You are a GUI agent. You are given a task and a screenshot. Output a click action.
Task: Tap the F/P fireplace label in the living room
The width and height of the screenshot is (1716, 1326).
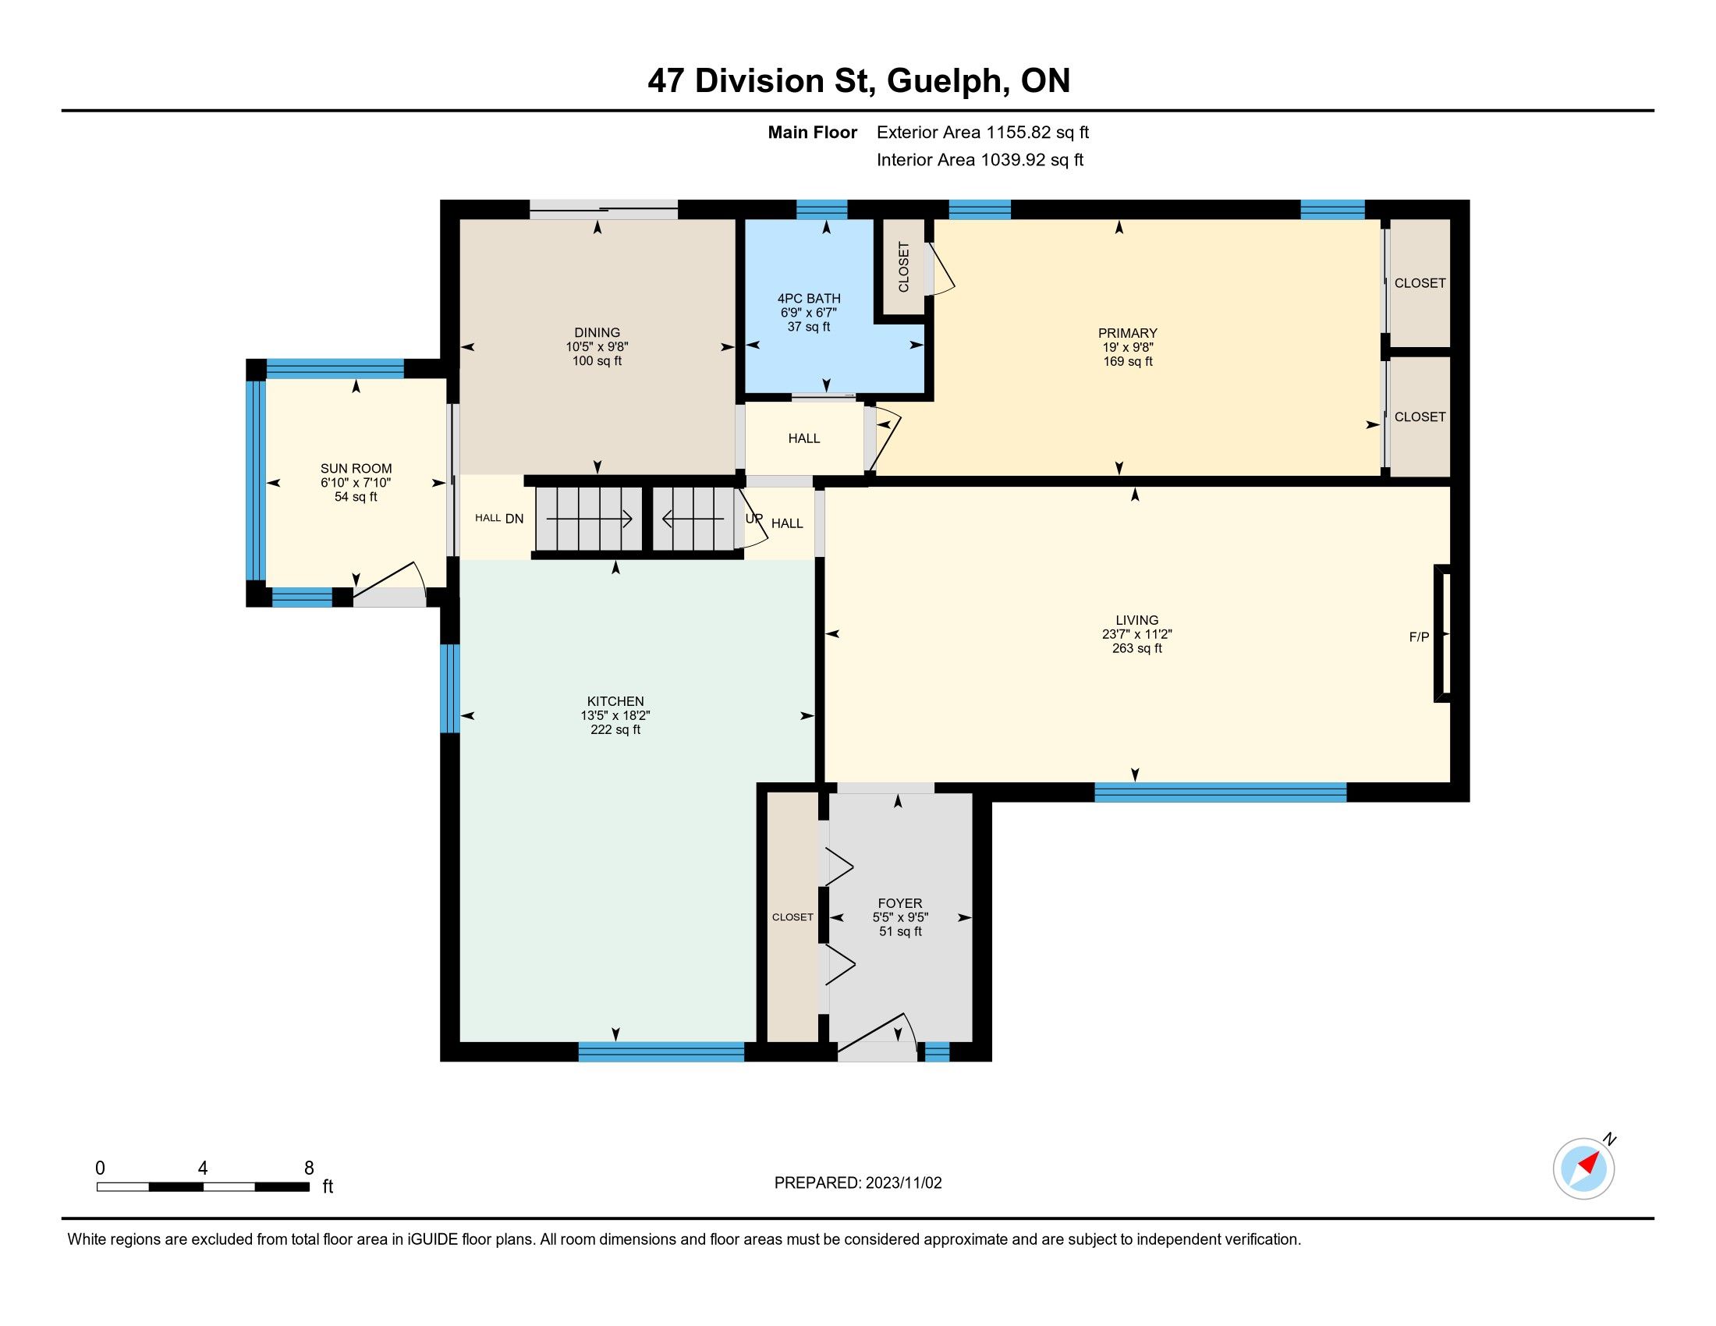click(1418, 637)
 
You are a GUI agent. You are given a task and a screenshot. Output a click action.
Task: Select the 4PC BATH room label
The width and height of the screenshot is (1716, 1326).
click(809, 299)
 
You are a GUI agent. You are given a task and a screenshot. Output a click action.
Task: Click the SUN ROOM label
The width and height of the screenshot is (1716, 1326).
click(356, 469)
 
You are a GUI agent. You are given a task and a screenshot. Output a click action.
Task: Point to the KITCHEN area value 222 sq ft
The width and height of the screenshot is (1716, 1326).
click(615, 730)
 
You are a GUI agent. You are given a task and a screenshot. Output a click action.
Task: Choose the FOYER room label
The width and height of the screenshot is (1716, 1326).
click(899, 903)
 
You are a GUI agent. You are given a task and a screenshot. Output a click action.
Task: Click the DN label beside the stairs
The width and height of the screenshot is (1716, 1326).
click(514, 519)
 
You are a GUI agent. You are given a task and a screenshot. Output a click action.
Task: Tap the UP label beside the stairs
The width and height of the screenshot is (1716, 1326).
click(753, 519)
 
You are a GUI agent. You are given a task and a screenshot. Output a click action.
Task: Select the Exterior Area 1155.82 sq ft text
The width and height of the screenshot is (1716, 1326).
click(983, 133)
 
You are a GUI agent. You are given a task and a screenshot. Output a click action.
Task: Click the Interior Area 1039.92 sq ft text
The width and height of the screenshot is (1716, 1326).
click(980, 160)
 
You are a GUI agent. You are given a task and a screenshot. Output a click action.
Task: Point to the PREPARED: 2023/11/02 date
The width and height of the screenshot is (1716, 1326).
click(858, 1183)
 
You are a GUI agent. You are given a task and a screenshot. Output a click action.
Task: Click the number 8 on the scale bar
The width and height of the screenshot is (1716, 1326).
click(309, 1168)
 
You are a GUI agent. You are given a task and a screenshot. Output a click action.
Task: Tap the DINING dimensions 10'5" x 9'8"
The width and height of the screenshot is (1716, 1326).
click(597, 346)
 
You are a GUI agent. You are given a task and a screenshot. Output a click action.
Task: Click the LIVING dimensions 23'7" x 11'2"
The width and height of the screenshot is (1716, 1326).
click(1137, 634)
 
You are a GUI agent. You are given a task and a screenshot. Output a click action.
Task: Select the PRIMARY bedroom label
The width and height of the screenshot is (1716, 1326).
click(1128, 333)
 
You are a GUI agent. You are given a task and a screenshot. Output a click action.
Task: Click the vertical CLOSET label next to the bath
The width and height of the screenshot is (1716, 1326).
click(903, 267)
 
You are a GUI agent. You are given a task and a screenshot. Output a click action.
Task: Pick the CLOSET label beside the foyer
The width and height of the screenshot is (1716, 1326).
click(792, 916)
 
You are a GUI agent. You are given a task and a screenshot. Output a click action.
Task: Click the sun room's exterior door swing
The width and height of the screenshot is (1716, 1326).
click(391, 582)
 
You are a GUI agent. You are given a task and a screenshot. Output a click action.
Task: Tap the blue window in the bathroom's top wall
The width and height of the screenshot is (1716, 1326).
click(822, 209)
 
